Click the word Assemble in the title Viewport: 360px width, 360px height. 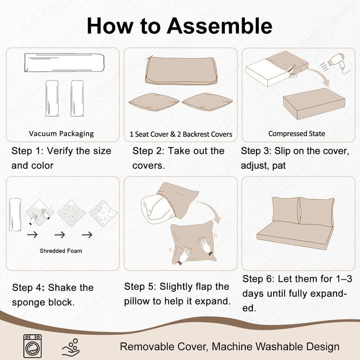point(219,26)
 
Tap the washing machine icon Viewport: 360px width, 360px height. point(32,346)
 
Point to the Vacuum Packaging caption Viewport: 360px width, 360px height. point(61,133)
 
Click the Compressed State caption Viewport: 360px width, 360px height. point(297,133)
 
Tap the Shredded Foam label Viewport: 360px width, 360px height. point(61,251)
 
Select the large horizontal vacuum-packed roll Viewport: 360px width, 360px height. point(64,63)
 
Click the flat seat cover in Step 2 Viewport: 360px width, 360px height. point(181,71)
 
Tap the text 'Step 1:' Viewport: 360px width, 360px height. point(27,151)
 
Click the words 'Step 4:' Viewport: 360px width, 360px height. point(28,288)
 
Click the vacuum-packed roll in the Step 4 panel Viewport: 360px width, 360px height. point(15,215)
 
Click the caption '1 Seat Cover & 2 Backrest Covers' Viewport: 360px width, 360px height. point(181,134)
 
